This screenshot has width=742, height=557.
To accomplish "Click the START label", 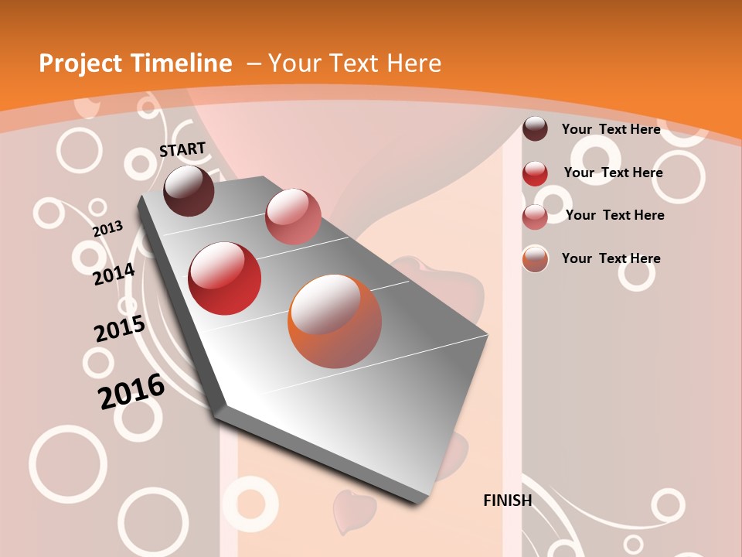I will click(x=182, y=149).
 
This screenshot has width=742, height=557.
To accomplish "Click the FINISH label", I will click(x=508, y=501).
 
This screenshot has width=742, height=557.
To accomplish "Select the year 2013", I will click(x=107, y=228).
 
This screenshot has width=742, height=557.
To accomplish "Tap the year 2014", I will click(x=114, y=274).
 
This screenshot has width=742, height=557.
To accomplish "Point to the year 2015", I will click(x=119, y=329).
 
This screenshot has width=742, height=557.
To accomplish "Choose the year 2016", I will click(x=131, y=391).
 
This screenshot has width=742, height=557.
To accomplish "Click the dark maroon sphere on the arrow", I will click(x=189, y=190).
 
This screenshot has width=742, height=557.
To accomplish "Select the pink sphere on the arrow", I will click(x=293, y=216).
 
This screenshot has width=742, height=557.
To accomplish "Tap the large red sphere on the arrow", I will click(x=225, y=278).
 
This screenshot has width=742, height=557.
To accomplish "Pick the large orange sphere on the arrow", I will click(x=335, y=321).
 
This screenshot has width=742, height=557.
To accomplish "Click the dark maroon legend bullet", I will click(x=535, y=128).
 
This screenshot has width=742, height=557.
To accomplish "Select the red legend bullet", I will click(x=535, y=173).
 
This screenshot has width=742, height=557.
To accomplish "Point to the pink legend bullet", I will click(x=535, y=217).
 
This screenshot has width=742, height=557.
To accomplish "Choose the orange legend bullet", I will click(x=535, y=259).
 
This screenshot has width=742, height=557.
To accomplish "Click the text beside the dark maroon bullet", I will click(x=611, y=129).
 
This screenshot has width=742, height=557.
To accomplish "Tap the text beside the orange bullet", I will click(x=611, y=258).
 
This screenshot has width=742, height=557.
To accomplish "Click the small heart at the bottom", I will click(x=354, y=511).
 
